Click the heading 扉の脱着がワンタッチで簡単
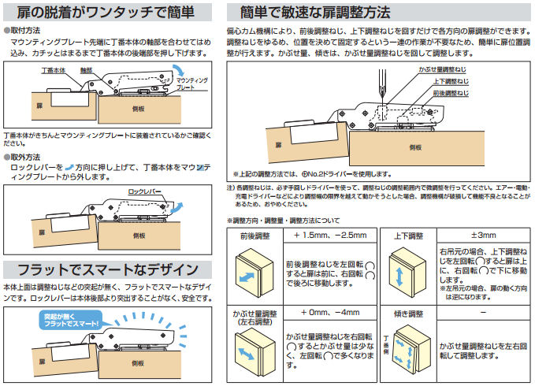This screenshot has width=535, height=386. pyautogui.click(x=109, y=12)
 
